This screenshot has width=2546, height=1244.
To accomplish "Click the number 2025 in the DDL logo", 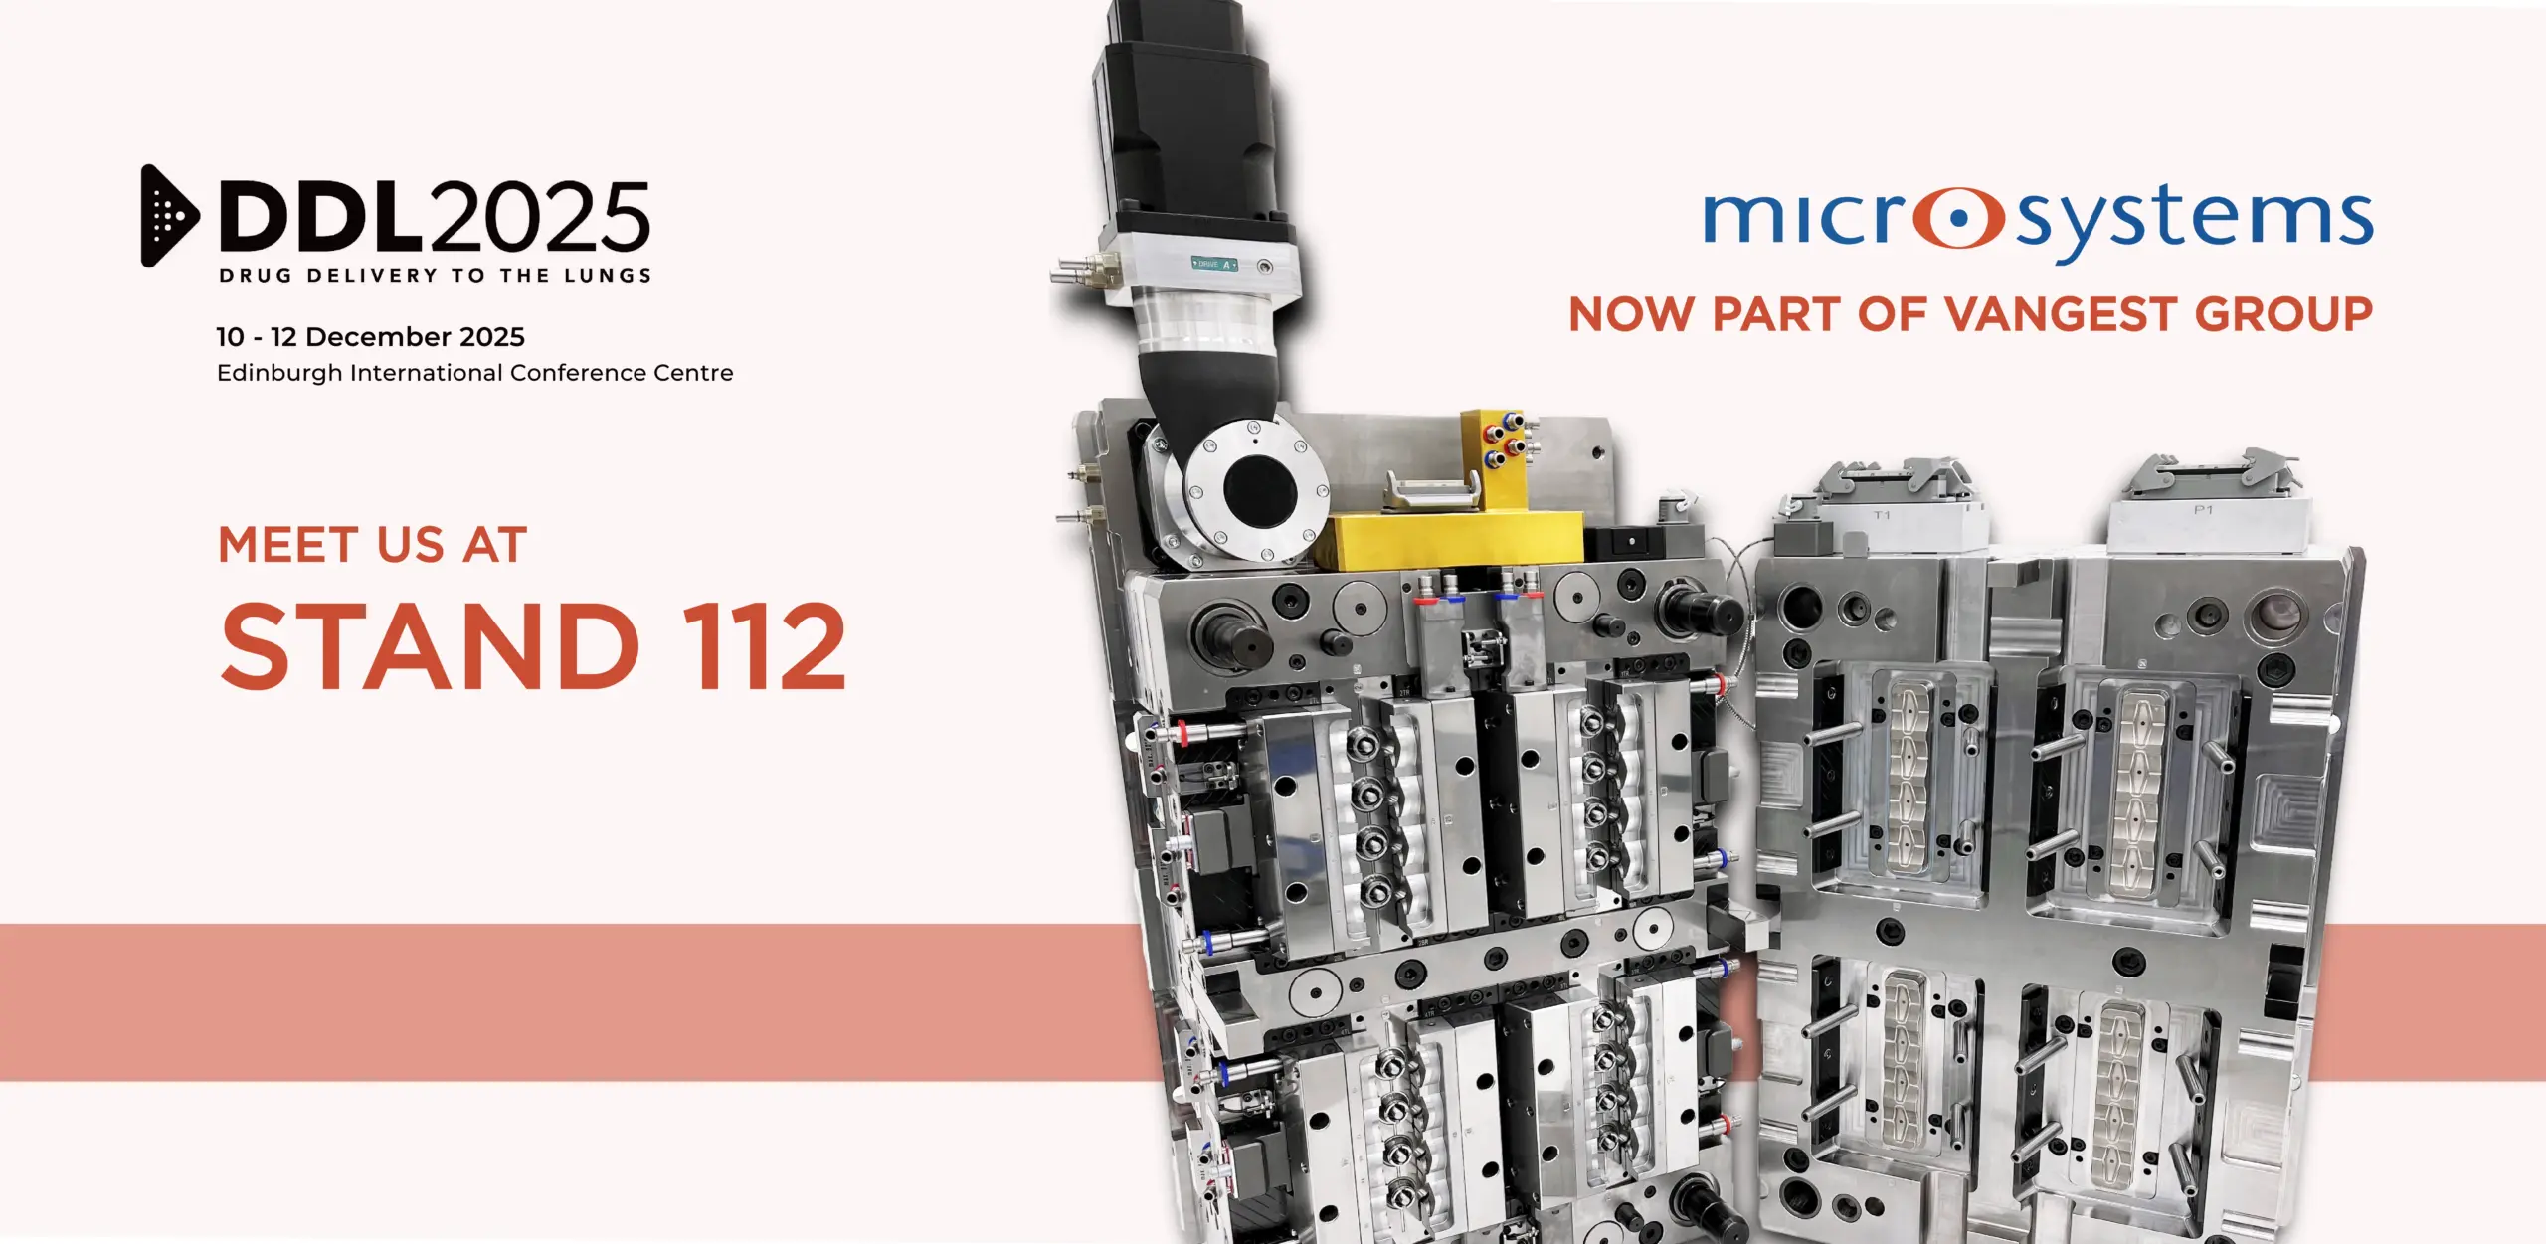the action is [540, 216].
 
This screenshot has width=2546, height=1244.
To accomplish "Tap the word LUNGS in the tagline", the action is [607, 276].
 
